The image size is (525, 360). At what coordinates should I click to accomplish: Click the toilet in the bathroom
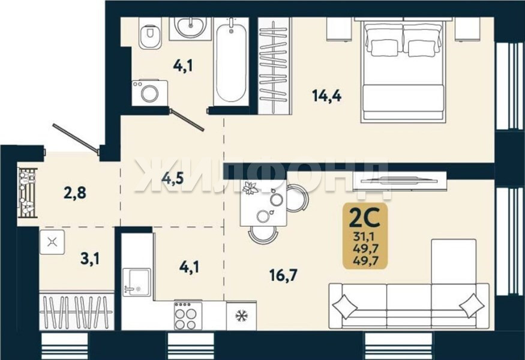[151, 32]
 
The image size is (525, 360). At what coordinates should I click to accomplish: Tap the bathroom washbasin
[190, 28]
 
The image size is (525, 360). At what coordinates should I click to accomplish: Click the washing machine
[149, 93]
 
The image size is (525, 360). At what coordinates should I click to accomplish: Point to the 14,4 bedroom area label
[326, 96]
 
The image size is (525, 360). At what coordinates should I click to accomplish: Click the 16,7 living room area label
[283, 275]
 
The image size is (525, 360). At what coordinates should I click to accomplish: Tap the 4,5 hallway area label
[173, 178]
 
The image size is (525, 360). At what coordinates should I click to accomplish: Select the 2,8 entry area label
[75, 193]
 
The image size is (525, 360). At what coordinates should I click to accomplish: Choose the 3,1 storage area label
[90, 259]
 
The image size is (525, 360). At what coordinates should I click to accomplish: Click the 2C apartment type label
[365, 218]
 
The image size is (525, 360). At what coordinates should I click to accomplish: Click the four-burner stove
[188, 316]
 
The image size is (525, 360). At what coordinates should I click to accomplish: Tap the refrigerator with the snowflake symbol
[241, 316]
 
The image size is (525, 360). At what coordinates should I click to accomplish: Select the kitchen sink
[136, 283]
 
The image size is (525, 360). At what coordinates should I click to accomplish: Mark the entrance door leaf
[76, 137]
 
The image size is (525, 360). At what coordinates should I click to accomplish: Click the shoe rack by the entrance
[28, 193]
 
